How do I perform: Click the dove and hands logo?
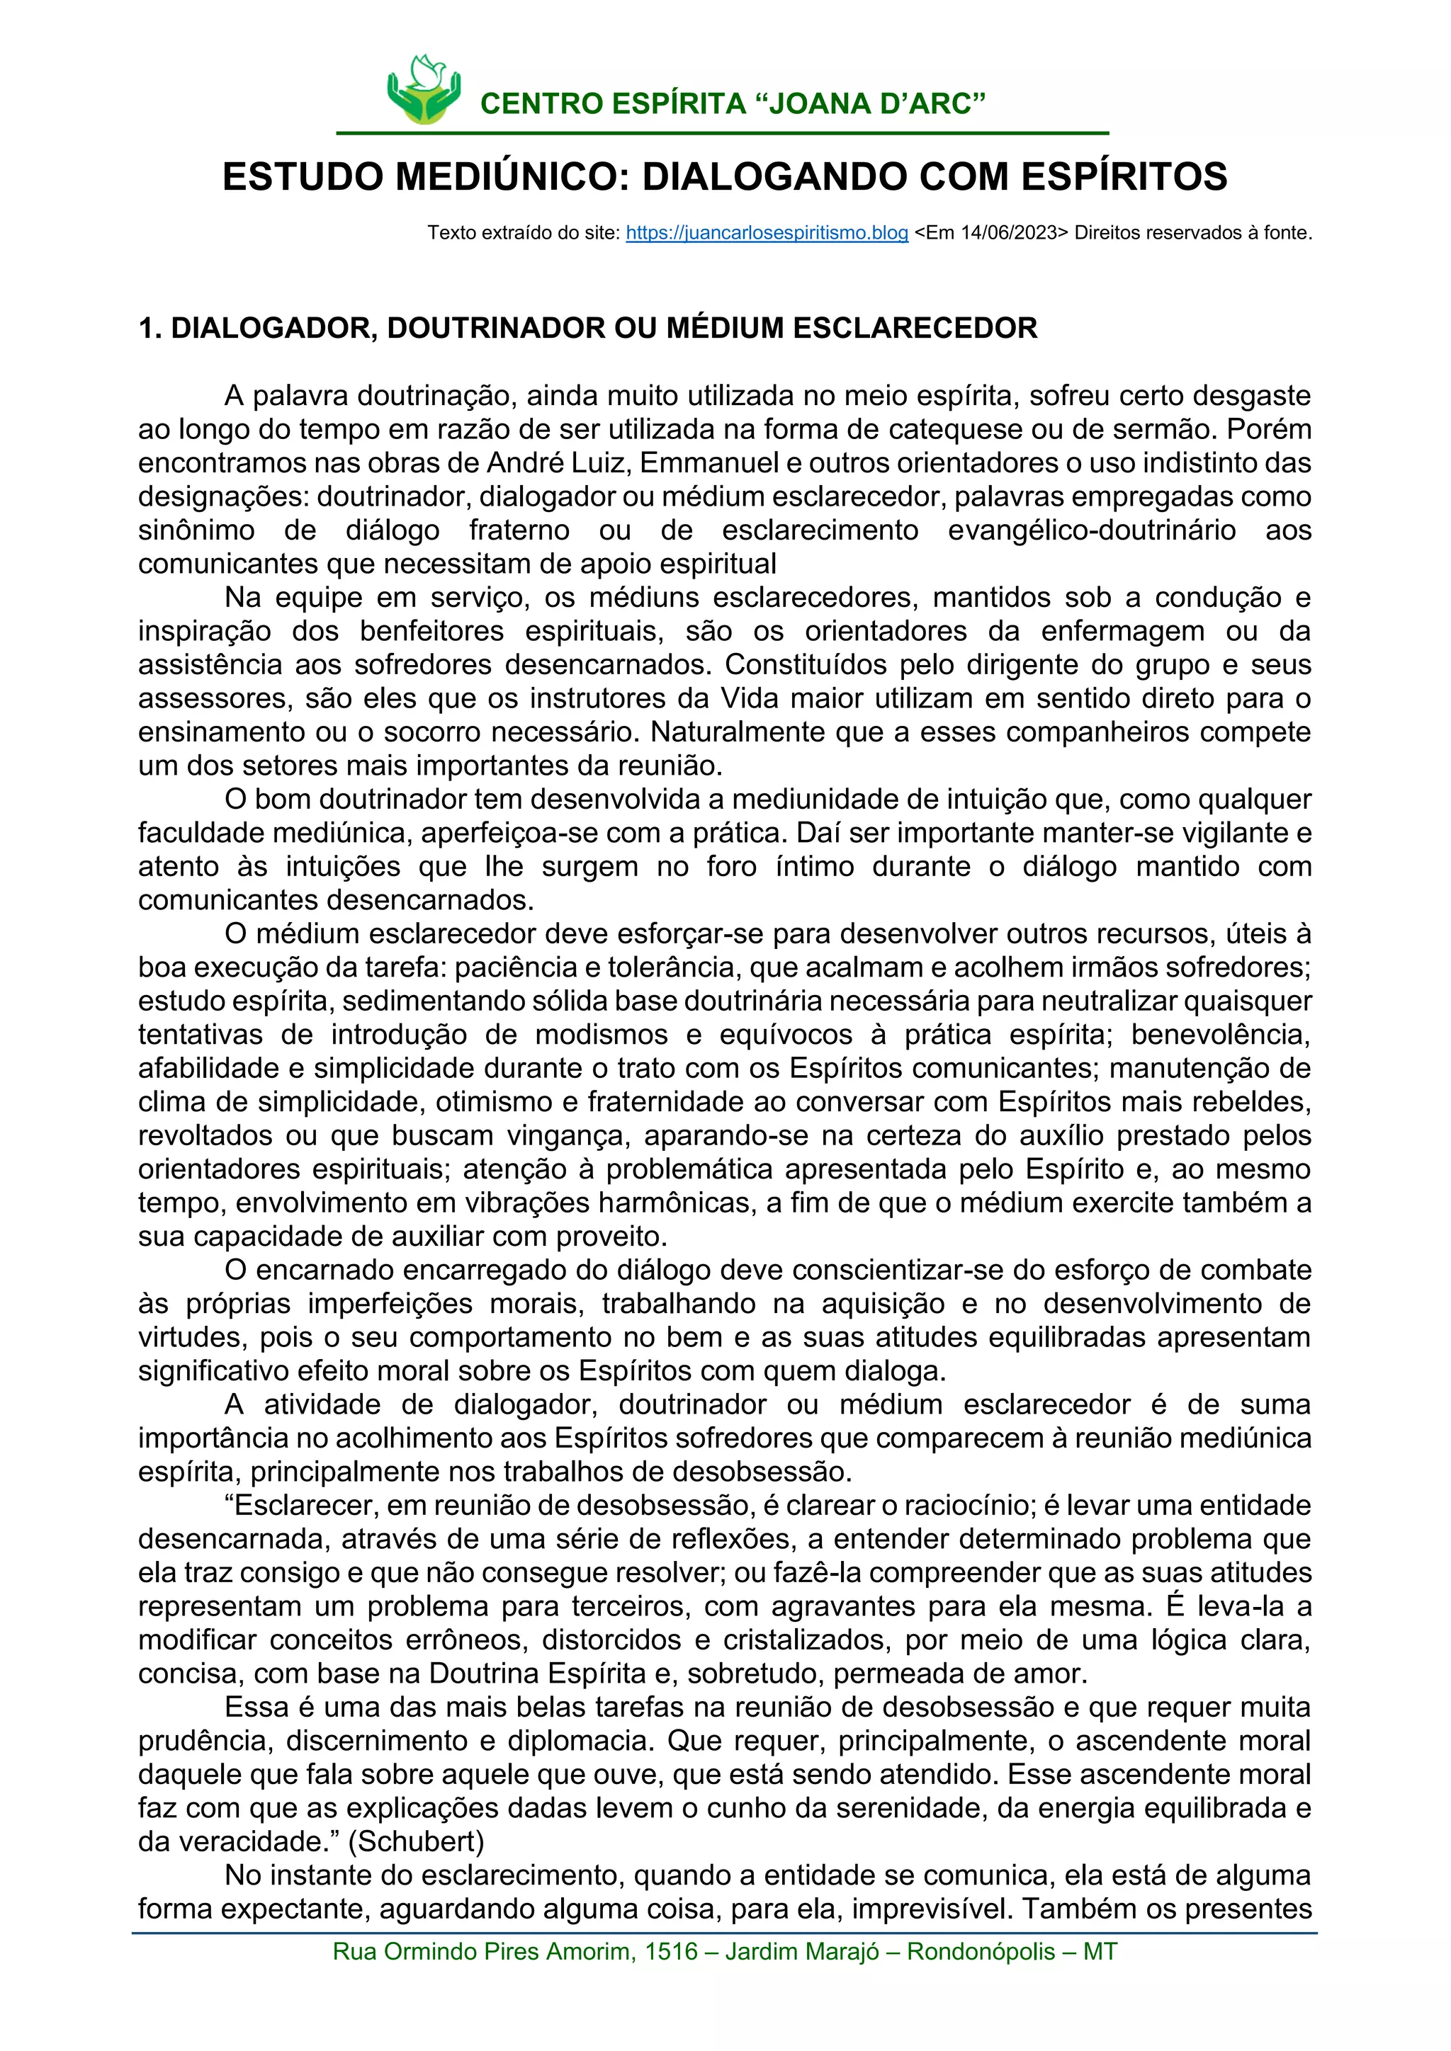pos(424,90)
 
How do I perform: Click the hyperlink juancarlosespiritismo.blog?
pos(767,233)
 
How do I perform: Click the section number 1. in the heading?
pos(150,329)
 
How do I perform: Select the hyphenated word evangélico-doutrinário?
pos(1091,530)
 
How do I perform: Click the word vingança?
pos(570,1135)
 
